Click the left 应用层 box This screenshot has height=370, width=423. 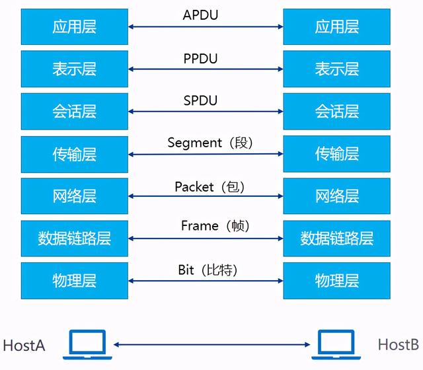click(74, 26)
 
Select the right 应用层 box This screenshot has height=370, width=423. click(336, 26)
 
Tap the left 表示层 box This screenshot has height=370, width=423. click(74, 69)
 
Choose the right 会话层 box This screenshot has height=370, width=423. click(336, 111)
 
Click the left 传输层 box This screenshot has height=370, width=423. click(74, 154)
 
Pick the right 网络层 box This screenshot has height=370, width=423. click(336, 196)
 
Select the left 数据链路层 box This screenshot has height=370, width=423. click(74, 238)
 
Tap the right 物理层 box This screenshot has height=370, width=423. click(336, 280)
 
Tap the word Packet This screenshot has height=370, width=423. click(194, 187)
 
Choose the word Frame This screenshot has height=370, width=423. click(199, 226)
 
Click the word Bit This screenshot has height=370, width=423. click(186, 270)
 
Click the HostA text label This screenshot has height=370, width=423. click(24, 345)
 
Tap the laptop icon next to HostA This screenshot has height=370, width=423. click(87, 344)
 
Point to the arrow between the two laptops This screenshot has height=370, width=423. click(211, 344)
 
